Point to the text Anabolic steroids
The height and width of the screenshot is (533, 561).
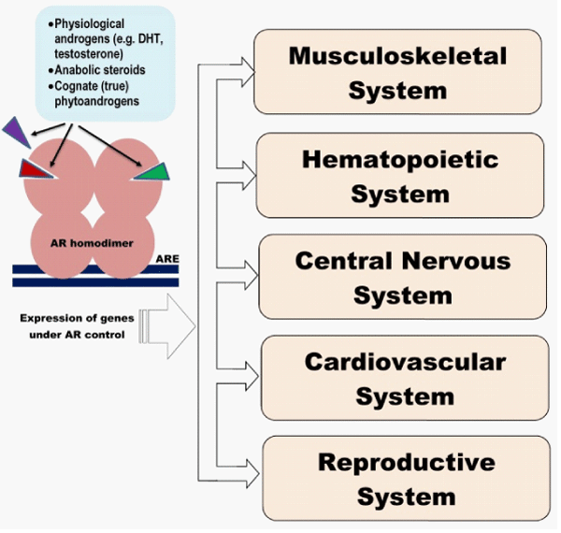[x=99, y=70]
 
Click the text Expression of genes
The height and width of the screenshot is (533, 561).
[x=76, y=318]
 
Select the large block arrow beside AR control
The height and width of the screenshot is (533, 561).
[x=168, y=325]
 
